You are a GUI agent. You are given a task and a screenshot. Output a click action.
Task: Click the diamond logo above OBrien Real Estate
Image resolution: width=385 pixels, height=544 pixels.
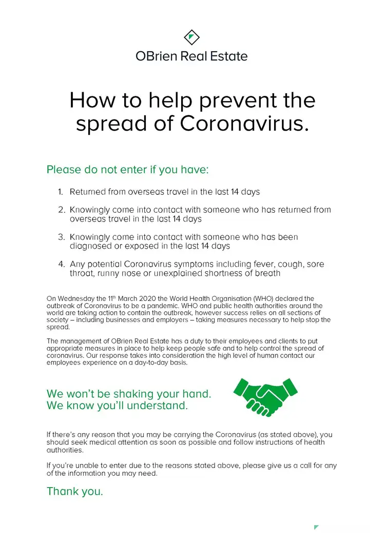(191, 37)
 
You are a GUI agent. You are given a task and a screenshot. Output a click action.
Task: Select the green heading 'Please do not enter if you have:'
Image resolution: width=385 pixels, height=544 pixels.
(128, 169)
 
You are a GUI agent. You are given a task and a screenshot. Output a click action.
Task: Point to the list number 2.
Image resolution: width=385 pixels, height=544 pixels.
(61, 210)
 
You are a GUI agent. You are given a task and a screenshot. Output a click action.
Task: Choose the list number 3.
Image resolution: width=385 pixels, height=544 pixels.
(61, 237)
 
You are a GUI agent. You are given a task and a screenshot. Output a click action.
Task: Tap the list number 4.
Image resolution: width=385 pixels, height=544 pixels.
(61, 265)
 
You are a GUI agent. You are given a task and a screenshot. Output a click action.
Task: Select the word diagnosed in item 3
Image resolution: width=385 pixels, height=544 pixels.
(89, 246)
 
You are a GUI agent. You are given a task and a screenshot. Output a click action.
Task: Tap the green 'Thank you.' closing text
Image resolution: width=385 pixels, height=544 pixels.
(75, 491)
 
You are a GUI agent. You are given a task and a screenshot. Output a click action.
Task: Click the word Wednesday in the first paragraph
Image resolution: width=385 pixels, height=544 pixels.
(79, 298)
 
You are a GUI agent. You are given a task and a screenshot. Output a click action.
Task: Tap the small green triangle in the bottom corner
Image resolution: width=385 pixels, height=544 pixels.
(316, 528)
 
